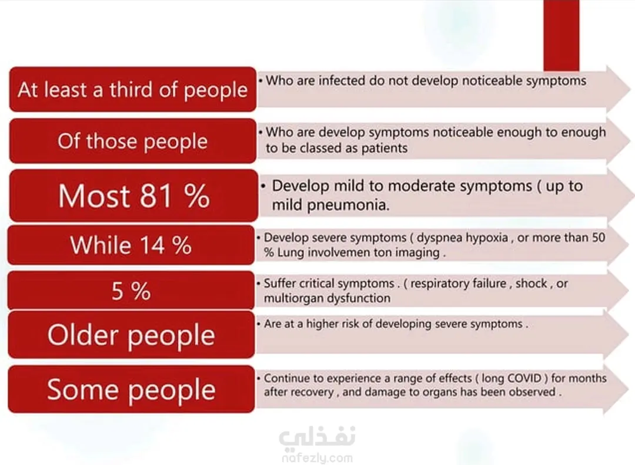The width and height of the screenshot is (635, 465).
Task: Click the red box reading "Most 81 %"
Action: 133,196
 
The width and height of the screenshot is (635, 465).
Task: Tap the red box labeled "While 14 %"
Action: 131,245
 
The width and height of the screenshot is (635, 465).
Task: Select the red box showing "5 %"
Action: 131,290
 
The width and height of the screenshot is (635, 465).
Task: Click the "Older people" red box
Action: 131,335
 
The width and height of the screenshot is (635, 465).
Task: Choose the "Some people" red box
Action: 131,389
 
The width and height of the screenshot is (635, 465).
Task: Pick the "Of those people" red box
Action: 132,141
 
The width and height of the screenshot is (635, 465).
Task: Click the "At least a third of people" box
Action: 132,89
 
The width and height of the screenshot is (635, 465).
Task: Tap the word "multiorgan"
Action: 293,298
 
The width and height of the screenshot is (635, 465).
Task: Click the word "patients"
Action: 384,149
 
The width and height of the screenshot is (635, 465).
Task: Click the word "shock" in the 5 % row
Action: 532,284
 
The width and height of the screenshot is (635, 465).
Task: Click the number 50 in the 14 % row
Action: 599,237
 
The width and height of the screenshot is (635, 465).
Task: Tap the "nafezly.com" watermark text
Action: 317,458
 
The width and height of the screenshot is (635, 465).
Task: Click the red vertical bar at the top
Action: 562,35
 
